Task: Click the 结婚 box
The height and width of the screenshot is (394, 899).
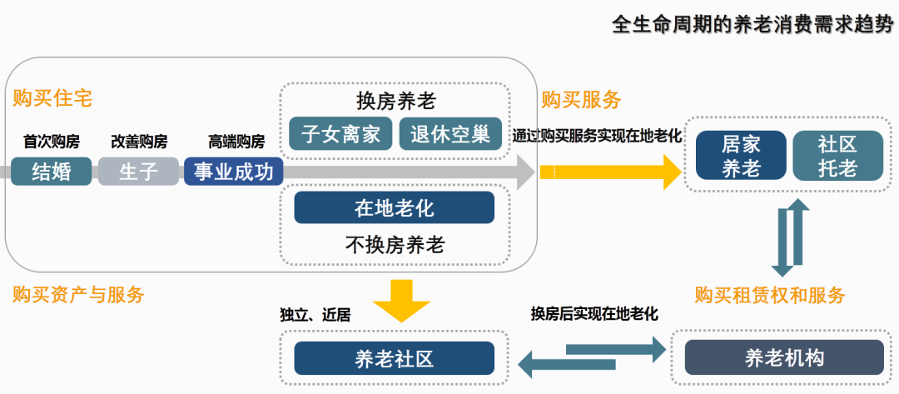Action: click(51, 172)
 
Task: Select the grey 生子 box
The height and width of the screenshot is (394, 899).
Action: click(138, 172)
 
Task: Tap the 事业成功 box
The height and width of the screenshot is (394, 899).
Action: click(234, 172)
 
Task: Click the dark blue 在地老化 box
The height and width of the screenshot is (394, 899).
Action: click(394, 207)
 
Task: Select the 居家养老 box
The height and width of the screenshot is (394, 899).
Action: click(741, 156)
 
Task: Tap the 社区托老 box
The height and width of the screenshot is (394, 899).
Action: click(837, 156)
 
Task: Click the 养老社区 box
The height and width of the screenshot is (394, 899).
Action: click(394, 359)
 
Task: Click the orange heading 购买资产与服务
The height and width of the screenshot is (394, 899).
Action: click(79, 294)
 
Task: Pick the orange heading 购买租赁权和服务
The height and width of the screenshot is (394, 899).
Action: click(770, 295)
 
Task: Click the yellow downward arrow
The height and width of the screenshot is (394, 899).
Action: click(402, 300)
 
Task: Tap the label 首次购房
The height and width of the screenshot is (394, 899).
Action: click(51, 141)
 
